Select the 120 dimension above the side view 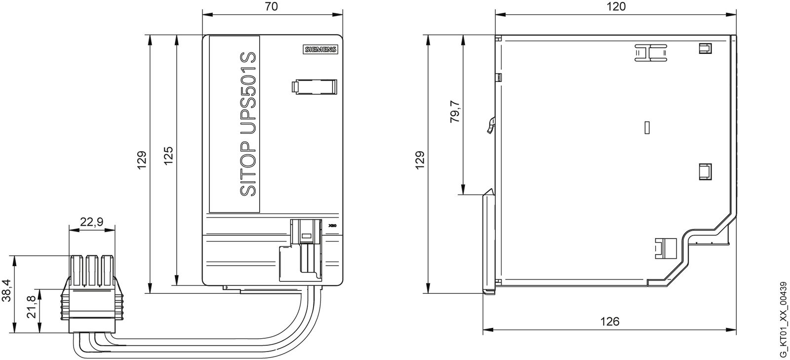616,6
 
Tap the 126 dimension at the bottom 609,321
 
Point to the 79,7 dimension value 455,112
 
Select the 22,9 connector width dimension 91,222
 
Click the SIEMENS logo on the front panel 319,50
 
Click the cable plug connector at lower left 91,294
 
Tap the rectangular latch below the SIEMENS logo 314,86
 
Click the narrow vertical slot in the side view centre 647,127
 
